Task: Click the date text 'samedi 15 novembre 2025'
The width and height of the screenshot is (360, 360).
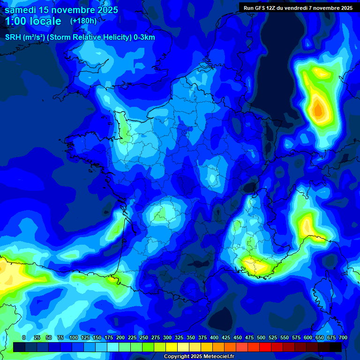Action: point(61,10)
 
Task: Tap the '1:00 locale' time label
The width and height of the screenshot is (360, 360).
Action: point(33,21)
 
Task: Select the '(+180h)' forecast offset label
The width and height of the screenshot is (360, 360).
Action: point(83,21)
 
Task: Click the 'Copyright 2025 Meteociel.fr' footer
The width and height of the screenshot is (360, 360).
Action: point(199,357)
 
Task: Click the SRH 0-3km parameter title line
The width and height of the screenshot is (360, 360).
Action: point(80,37)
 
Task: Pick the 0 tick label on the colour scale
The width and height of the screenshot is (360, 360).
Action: point(24,338)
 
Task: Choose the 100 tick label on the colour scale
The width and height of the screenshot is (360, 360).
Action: point(74,338)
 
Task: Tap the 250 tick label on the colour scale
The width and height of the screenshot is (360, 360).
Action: point(144,338)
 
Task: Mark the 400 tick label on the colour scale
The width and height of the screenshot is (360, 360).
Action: point(214,338)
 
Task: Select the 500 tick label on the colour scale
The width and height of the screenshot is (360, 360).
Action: point(261,338)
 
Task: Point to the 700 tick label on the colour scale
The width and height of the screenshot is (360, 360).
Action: point(343,338)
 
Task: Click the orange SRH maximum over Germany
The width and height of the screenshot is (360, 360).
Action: point(318,110)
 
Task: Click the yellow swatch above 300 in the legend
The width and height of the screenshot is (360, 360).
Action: point(172,347)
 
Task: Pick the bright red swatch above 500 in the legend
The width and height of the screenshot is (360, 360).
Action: point(265,347)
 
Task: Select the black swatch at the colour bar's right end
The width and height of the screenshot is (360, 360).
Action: point(336,347)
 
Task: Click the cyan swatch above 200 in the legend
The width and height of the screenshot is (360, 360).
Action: point(125,347)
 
